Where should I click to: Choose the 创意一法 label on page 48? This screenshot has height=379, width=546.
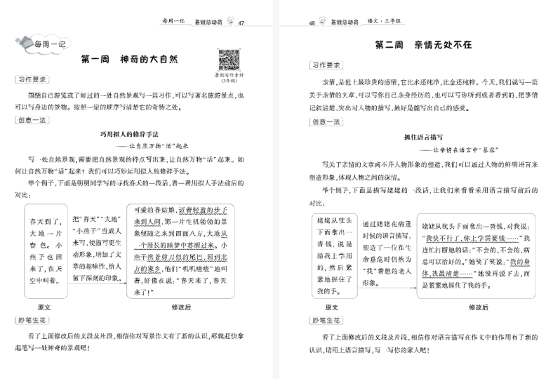[324, 121]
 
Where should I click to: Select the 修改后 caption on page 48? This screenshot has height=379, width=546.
[479, 307]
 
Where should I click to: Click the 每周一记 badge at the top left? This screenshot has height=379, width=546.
[36, 46]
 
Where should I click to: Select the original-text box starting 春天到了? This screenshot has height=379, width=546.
[44, 251]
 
